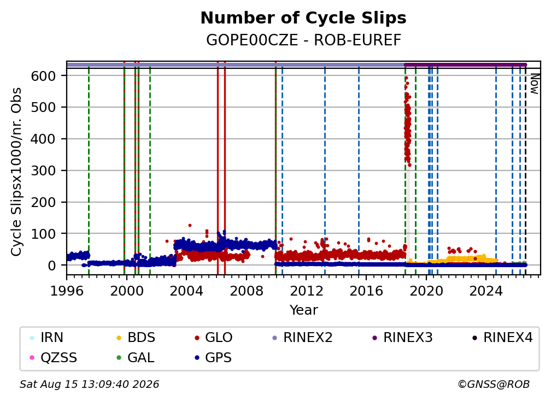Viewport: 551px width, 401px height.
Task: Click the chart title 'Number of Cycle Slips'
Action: [x=303, y=18]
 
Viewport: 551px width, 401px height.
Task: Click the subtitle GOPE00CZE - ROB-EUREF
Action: [x=303, y=40]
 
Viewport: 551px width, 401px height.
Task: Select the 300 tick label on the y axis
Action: [x=44, y=170]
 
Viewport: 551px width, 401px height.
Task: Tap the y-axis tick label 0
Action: [x=52, y=266]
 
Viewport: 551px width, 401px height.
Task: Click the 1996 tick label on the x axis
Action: [x=67, y=291]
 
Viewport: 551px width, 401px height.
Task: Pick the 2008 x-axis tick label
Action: [x=247, y=291]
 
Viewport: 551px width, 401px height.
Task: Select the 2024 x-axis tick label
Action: [x=486, y=291]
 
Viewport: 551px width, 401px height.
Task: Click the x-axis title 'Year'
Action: [x=303, y=310]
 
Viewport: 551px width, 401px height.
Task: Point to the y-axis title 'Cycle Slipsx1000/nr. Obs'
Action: [x=16, y=172]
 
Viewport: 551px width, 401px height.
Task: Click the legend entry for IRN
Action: [x=47, y=338]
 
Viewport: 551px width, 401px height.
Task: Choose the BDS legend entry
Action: [x=136, y=338]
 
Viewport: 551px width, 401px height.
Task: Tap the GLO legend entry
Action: [x=213, y=338]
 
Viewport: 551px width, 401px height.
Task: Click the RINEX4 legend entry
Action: [x=502, y=338]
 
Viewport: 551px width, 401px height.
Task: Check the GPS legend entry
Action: [x=213, y=358]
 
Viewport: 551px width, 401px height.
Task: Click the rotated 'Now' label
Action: [x=535, y=84]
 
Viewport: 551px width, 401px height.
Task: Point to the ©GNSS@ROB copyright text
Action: [x=494, y=384]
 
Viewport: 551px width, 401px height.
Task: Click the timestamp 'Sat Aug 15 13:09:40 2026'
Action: [x=89, y=384]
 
